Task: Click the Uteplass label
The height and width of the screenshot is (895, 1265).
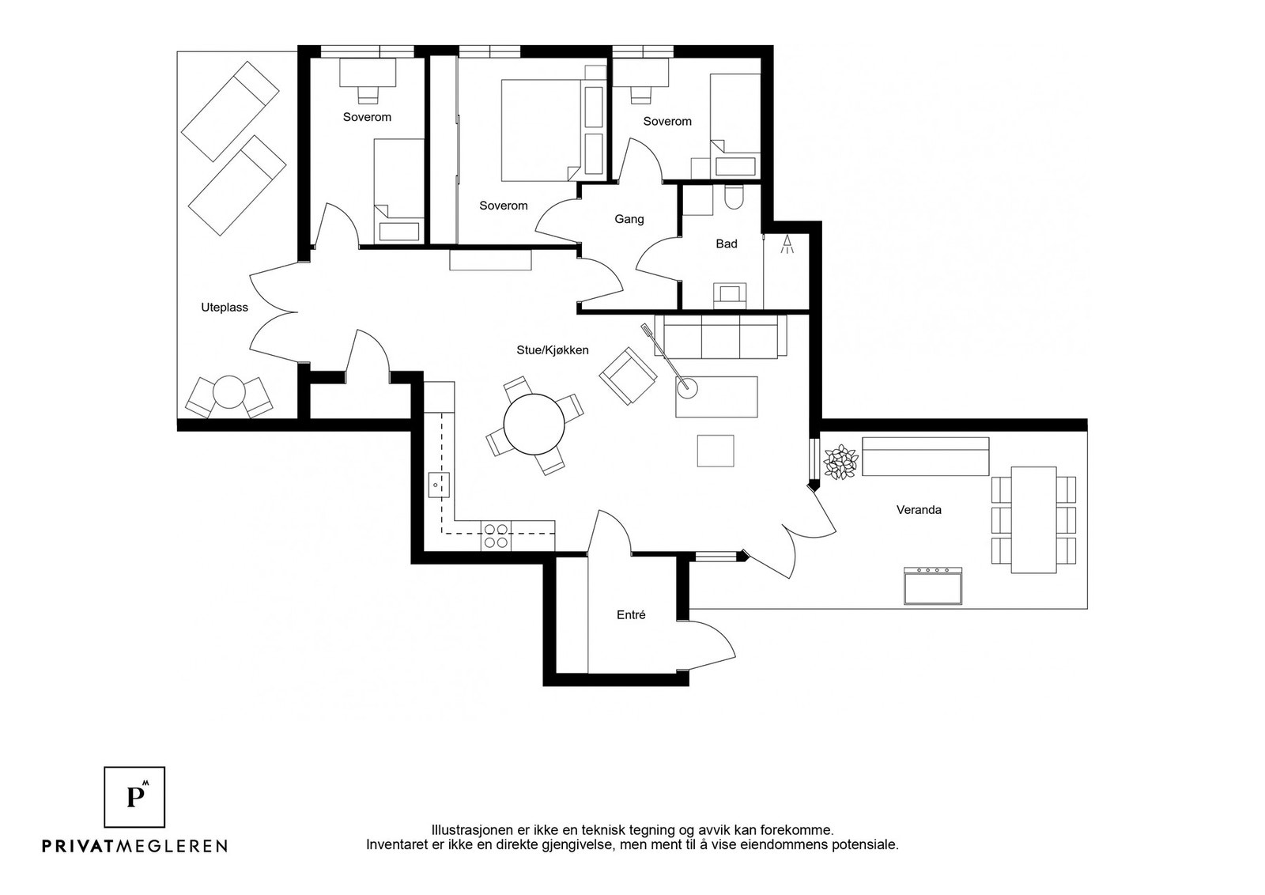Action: point(225,308)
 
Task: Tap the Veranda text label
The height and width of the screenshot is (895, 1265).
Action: point(919,510)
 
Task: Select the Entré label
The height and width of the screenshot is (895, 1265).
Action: point(631,615)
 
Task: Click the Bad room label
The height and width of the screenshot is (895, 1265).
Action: point(727,244)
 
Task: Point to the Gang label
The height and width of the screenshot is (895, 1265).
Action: point(629,219)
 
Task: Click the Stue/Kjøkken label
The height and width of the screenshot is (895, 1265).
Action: point(553,350)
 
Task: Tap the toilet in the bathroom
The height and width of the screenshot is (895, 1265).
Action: point(734,197)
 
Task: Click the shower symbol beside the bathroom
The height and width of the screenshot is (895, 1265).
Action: point(787,244)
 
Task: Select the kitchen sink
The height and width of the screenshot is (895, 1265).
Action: point(439,485)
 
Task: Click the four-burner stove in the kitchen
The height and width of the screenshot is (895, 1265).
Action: point(495,536)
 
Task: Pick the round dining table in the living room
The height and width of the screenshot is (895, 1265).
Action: point(534,424)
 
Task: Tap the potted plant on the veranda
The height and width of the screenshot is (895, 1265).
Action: point(840,462)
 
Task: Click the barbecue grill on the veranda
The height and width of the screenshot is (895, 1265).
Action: point(932,586)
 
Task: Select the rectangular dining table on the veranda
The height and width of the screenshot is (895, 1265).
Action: point(1033,520)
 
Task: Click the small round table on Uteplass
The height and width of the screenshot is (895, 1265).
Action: point(229,392)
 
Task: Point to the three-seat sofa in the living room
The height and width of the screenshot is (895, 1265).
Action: point(720,337)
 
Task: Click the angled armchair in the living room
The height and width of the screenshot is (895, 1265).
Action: point(628,376)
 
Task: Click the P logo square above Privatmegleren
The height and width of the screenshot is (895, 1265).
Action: point(134,797)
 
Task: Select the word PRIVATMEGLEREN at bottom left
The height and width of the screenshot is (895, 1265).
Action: point(135,845)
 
